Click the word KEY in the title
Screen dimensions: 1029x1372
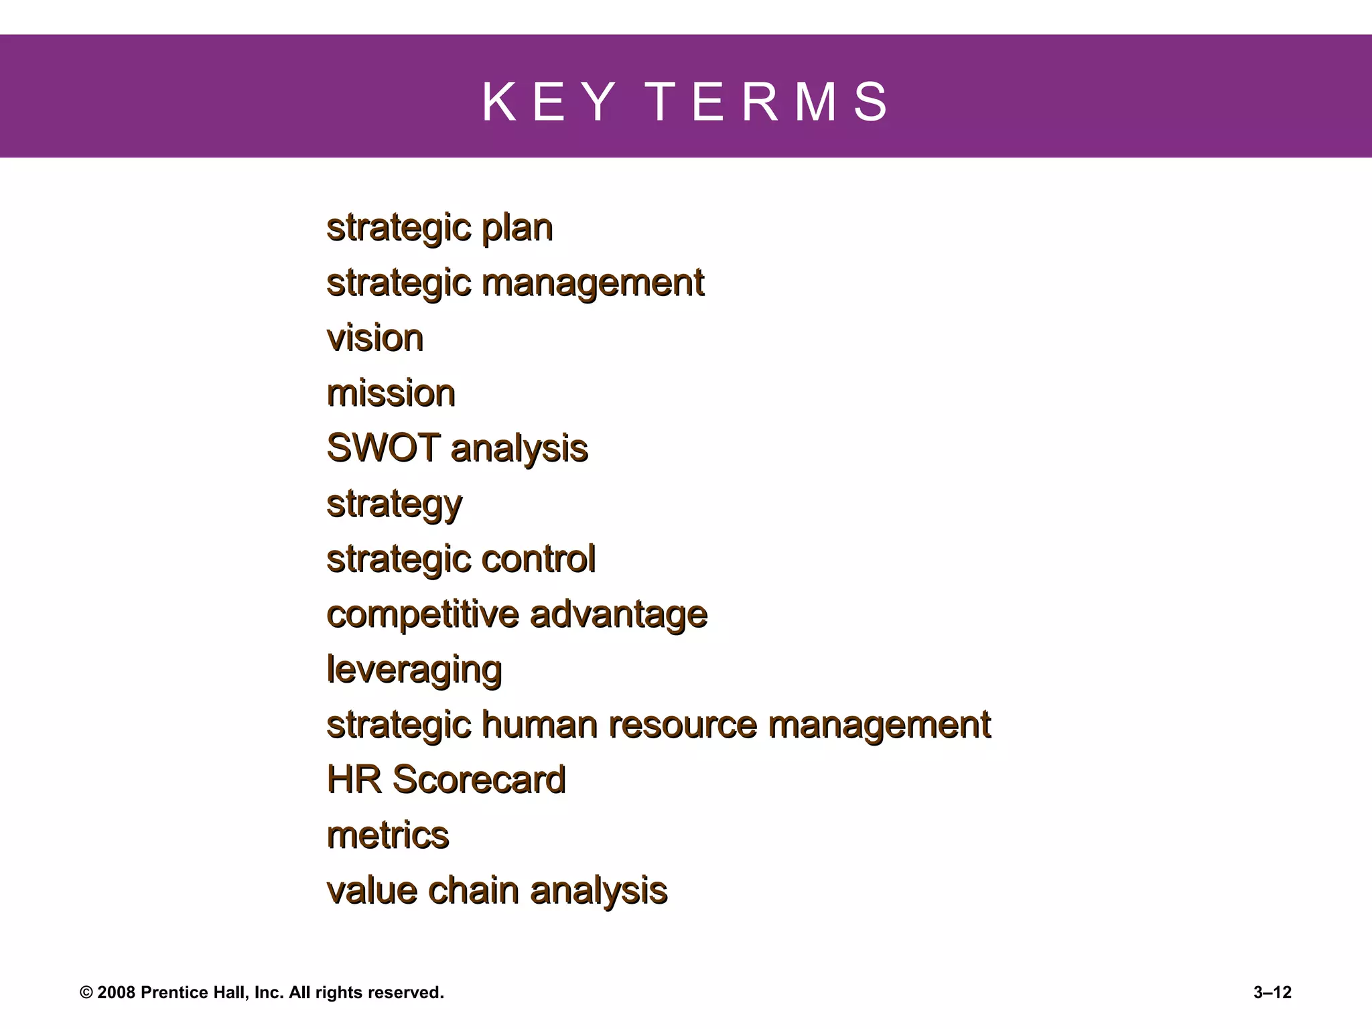click(548, 102)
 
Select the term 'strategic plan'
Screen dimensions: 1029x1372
click(439, 228)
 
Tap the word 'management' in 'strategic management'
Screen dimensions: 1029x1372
click(593, 283)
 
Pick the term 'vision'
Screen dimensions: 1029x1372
click(375, 338)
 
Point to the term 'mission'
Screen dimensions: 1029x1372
click(391, 393)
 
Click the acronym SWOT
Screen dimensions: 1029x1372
click(383, 448)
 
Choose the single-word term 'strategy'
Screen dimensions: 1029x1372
click(395, 504)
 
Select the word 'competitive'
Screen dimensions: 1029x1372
click(423, 614)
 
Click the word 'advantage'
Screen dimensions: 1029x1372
click(618, 614)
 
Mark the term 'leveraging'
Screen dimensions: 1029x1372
click(414, 670)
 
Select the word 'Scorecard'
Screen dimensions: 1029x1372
click(479, 780)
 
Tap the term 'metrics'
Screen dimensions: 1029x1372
click(388, 835)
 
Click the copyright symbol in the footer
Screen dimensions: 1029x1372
click(86, 993)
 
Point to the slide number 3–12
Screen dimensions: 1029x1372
click(1272, 993)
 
